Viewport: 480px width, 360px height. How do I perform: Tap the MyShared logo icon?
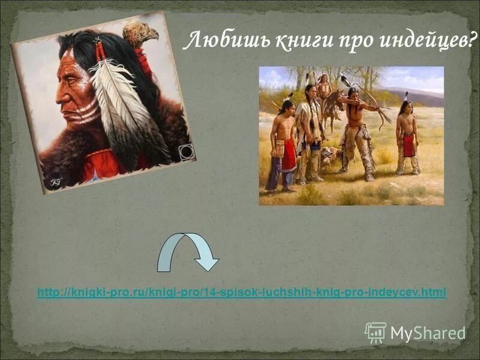click(x=376, y=332)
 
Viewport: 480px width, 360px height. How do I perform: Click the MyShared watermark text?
click(x=428, y=333)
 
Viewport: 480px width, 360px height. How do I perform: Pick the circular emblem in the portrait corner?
click(x=187, y=152)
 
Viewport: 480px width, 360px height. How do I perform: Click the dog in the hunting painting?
click(x=328, y=157)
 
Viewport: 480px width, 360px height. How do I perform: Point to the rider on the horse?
click(x=324, y=88)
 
